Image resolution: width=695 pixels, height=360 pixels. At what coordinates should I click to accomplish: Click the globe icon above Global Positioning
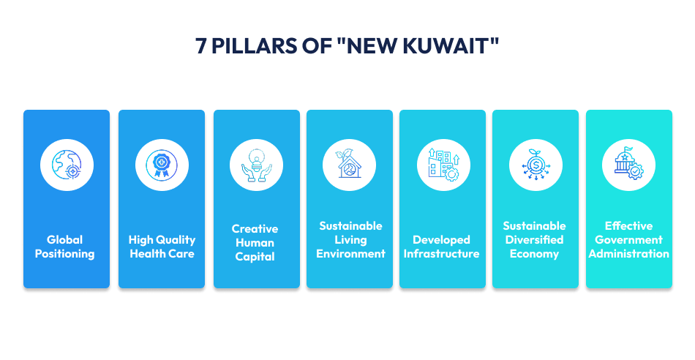click(x=67, y=165)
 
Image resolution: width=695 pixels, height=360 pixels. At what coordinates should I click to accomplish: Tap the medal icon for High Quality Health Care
click(x=162, y=165)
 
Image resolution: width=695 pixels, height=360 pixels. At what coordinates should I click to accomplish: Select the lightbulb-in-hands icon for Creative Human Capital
click(x=256, y=165)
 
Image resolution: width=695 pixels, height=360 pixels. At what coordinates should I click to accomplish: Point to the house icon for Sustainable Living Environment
click(x=349, y=165)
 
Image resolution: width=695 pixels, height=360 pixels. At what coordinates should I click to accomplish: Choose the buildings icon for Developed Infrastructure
click(x=442, y=165)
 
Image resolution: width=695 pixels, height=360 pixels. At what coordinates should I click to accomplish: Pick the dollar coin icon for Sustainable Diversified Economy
click(x=536, y=165)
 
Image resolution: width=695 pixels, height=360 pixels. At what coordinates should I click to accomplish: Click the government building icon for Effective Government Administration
click(x=628, y=165)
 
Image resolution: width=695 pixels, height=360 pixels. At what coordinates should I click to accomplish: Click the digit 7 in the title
click(x=201, y=46)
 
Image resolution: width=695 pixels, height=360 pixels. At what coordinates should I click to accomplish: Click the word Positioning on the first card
click(x=67, y=254)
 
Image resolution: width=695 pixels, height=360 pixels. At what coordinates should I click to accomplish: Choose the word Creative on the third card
click(x=255, y=229)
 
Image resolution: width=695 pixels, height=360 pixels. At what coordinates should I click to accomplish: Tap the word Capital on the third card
click(x=255, y=257)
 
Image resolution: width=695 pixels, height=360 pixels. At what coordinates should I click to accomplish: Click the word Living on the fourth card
click(x=350, y=240)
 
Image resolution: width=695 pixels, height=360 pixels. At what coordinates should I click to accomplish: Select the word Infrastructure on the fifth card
click(x=442, y=254)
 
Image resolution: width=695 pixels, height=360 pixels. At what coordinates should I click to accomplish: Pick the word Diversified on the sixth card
click(x=534, y=240)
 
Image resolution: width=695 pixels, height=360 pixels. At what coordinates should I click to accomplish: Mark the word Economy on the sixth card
click(x=534, y=254)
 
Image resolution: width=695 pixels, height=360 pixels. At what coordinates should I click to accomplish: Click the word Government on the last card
click(x=628, y=240)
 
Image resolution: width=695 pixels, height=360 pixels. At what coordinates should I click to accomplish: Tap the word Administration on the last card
click(x=628, y=254)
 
